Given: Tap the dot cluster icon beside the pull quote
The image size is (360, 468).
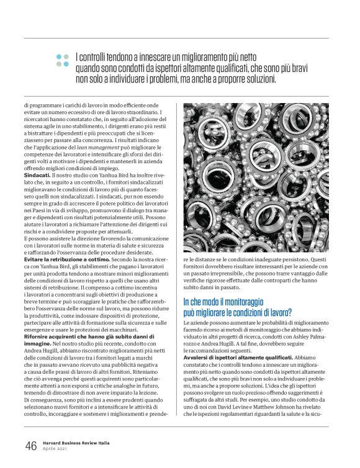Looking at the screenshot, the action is (x=62, y=60).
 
